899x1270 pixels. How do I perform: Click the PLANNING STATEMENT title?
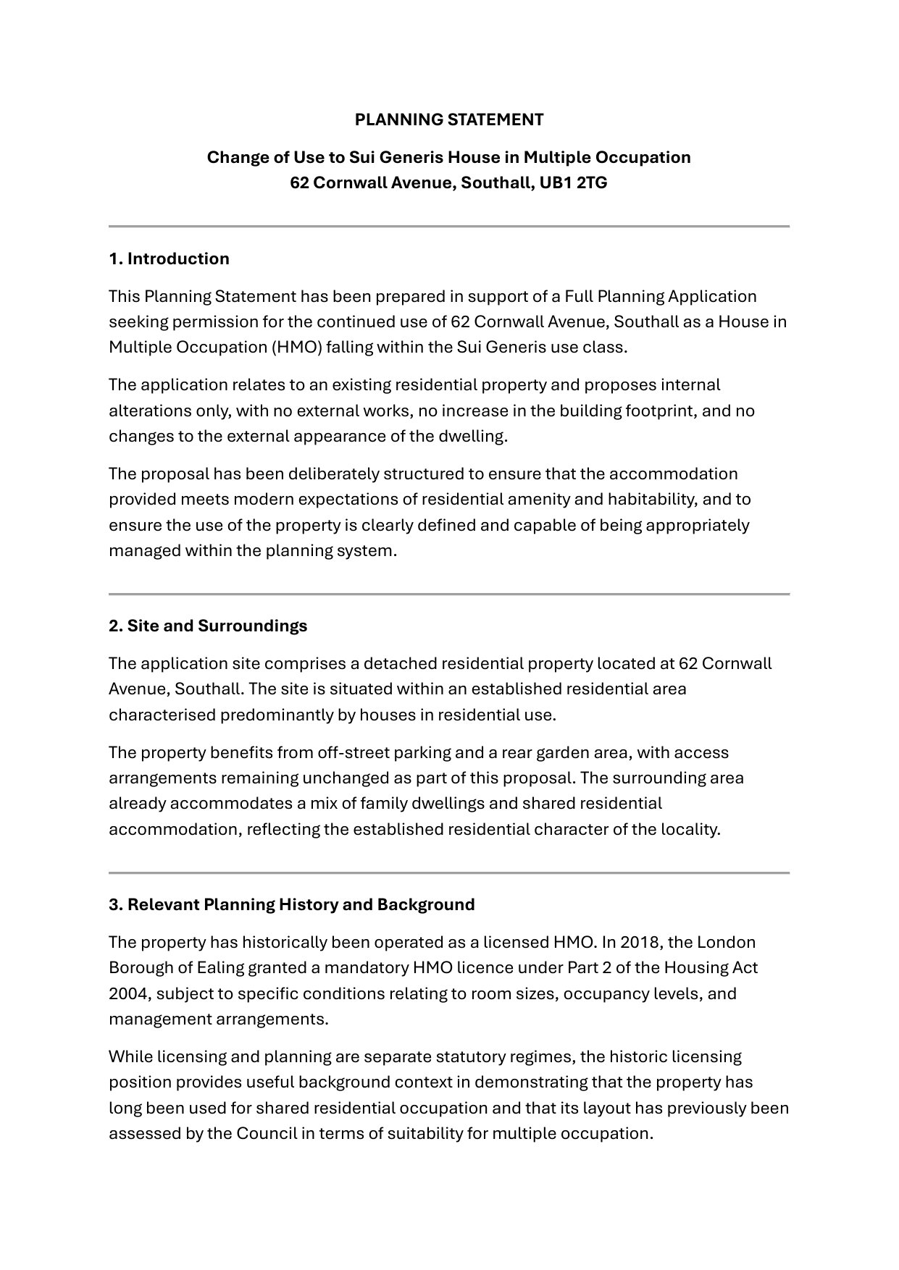(x=449, y=119)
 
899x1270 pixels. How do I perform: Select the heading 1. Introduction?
(x=169, y=258)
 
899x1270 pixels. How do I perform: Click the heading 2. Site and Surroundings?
(x=208, y=626)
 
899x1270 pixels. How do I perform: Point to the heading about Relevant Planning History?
(x=292, y=904)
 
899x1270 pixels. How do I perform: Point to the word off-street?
(x=352, y=752)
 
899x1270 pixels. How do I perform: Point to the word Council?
(x=266, y=1132)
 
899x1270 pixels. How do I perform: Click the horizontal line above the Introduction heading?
(x=449, y=227)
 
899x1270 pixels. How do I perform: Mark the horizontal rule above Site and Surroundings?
(x=449, y=594)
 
